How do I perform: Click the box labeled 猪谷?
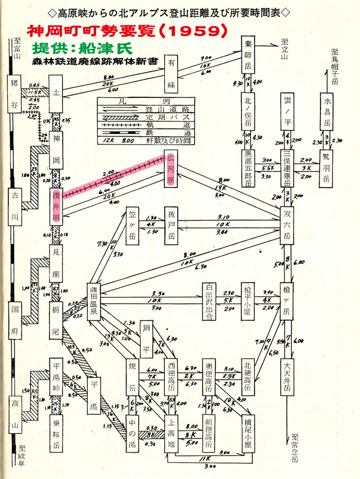pyautogui.click(x=15, y=89)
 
